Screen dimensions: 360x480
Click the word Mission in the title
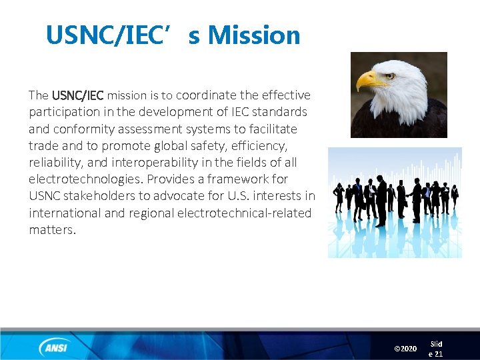(x=254, y=35)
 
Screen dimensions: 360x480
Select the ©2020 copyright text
(x=405, y=349)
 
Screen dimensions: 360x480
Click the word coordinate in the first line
(x=206, y=95)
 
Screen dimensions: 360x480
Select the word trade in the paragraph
(x=43, y=145)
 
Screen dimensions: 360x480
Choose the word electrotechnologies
(x=85, y=179)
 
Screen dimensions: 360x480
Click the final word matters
(x=53, y=229)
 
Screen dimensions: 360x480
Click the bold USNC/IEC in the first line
(x=77, y=95)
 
